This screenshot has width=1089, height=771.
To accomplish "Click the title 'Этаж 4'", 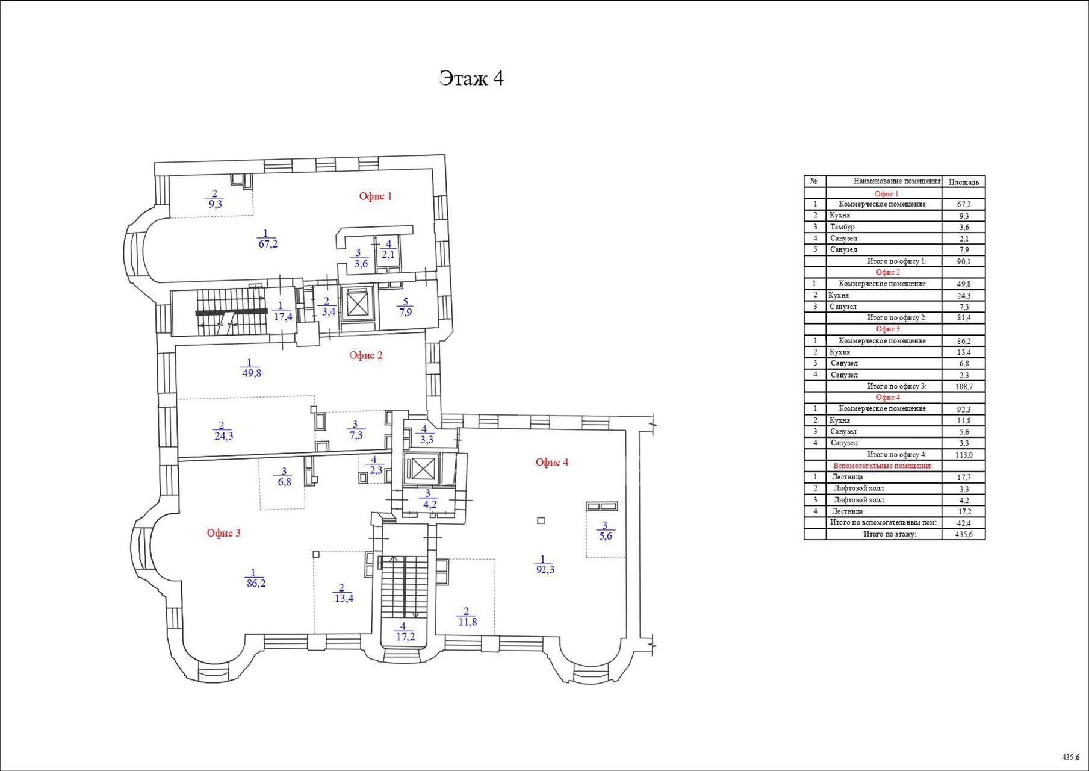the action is (471, 78).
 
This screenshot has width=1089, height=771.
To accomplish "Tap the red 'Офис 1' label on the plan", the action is (376, 196).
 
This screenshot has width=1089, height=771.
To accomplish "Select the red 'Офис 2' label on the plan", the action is (366, 355).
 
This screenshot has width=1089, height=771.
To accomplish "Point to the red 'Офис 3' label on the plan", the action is (224, 533).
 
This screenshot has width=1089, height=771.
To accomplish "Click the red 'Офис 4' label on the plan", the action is (552, 462).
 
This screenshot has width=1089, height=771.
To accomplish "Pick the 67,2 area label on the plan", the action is (268, 244).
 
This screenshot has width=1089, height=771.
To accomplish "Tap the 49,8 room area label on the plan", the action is (251, 373).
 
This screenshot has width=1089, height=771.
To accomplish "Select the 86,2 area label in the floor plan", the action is (256, 583).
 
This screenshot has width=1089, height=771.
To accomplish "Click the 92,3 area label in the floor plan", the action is (545, 569).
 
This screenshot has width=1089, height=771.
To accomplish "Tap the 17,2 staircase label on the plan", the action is (405, 637).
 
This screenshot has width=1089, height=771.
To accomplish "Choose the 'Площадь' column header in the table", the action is (964, 182).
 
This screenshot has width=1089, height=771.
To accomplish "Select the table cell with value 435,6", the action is (964, 534).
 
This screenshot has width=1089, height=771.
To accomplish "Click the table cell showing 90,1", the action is (964, 261).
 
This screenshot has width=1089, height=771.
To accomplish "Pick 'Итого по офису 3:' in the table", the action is (897, 386).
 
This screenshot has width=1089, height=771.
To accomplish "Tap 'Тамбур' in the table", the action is (842, 227).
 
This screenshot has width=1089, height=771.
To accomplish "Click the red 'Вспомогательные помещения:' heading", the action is (883, 466).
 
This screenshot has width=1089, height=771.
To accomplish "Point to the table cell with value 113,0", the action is (964, 455).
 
